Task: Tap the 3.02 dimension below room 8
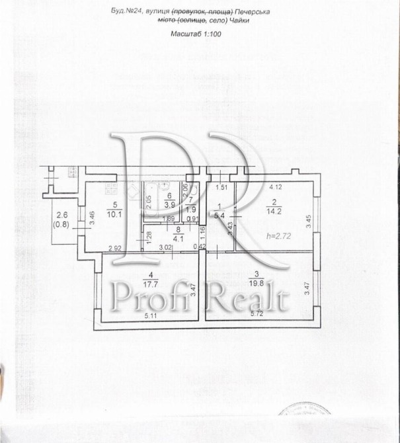point(165,247)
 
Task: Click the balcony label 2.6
point(61,214)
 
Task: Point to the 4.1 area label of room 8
point(178,239)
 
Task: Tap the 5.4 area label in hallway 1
point(221,215)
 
